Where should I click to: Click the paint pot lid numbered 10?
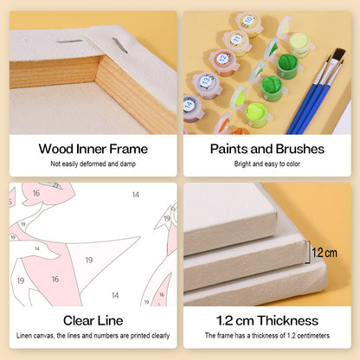click(247, 21)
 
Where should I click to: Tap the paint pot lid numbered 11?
click(236, 39)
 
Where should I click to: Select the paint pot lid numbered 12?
click(222, 59)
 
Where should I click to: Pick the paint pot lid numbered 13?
click(206, 80)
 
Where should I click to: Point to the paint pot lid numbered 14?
click(190, 105)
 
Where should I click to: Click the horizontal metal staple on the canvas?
click(69, 42)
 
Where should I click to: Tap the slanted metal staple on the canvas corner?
click(120, 46)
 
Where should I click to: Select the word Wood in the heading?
click(56, 149)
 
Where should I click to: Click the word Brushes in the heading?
click(299, 149)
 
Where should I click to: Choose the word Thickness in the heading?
click(288, 321)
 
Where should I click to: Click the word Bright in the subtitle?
click(242, 164)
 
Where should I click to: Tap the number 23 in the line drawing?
click(55, 185)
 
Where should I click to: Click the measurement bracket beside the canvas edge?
click(307, 253)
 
